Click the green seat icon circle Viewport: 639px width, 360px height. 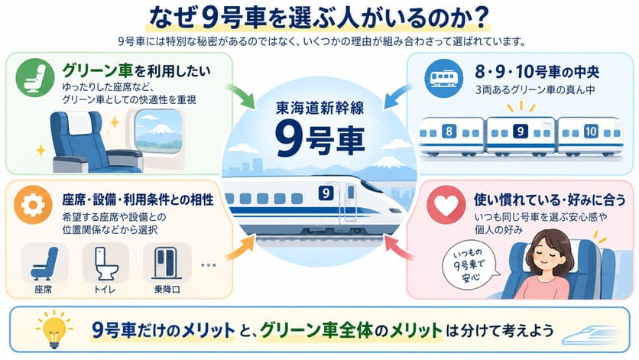(x=35, y=78)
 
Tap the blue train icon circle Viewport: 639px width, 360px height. (x=444, y=78)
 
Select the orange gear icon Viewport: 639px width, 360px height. (x=33, y=205)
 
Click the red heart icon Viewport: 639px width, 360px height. (x=446, y=205)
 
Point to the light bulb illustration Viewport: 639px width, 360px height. (x=54, y=329)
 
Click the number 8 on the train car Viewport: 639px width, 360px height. (x=449, y=131)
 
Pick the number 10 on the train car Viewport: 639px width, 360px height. (x=591, y=131)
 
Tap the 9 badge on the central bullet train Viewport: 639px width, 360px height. (x=325, y=193)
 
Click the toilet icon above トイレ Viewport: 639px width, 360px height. (x=105, y=264)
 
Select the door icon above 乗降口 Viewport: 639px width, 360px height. (x=167, y=263)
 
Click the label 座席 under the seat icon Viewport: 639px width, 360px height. (x=44, y=290)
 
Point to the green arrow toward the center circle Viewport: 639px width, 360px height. (x=241, y=96)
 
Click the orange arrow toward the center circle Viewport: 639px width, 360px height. (x=241, y=248)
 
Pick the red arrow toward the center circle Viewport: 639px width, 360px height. (x=398, y=248)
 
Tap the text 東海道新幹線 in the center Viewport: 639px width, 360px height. (x=320, y=108)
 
